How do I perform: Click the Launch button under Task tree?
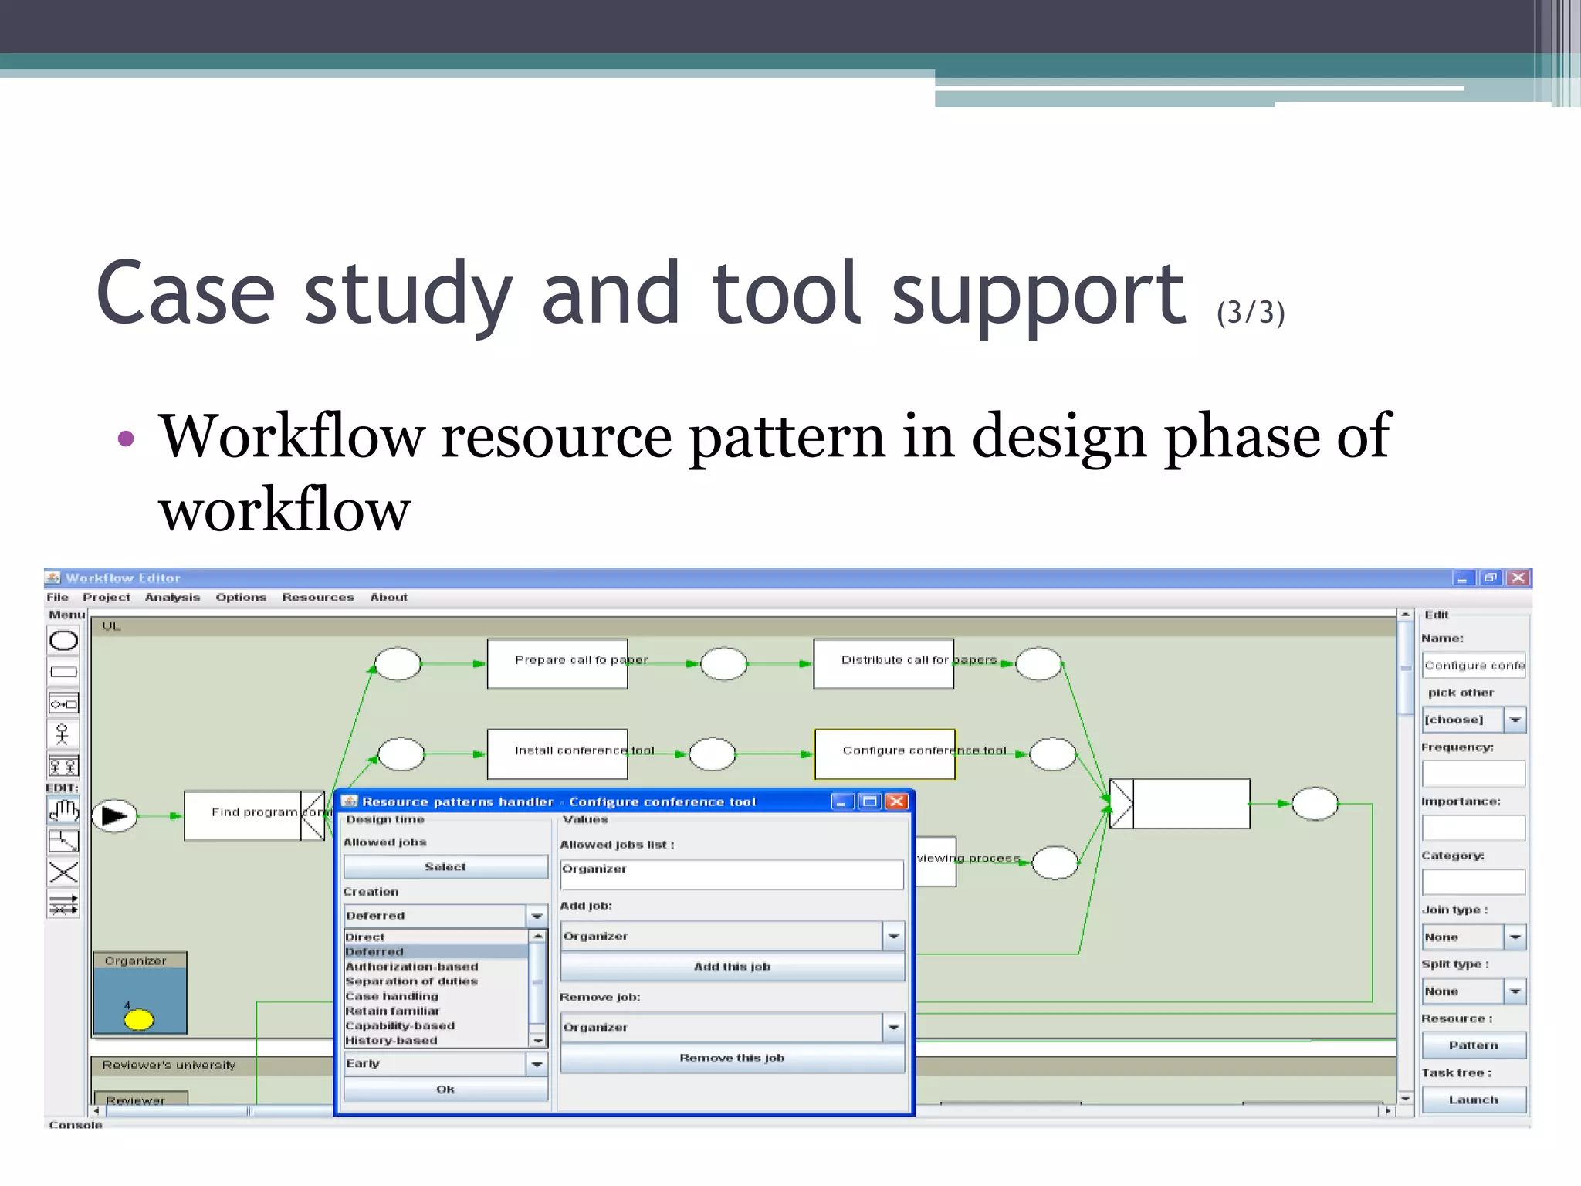click(1473, 1100)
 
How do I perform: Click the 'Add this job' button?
click(732, 967)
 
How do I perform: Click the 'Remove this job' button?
click(732, 1058)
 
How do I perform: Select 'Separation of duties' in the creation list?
click(411, 981)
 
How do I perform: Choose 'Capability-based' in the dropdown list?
click(400, 1025)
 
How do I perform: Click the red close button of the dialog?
click(896, 801)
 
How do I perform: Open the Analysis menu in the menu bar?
click(172, 597)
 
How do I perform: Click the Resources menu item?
click(317, 597)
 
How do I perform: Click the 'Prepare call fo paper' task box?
click(557, 664)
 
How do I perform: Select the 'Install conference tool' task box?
click(557, 754)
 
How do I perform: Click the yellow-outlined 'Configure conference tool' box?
click(884, 754)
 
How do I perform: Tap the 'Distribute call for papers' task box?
click(883, 664)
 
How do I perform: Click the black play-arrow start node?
click(114, 815)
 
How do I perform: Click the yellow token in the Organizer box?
click(139, 1020)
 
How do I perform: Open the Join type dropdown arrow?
click(1515, 937)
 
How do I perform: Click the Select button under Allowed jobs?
click(445, 867)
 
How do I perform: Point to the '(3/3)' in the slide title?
click(1250, 313)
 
